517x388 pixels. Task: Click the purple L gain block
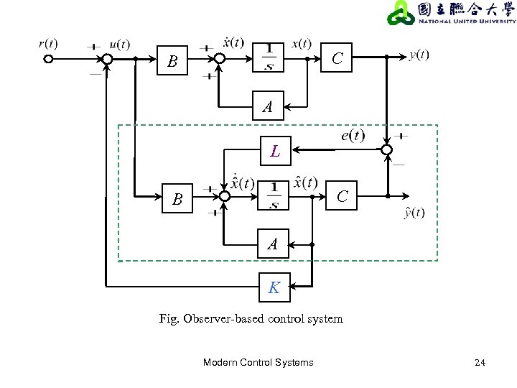(x=276, y=151)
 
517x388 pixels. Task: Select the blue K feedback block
(x=274, y=287)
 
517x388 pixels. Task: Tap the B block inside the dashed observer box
(x=177, y=198)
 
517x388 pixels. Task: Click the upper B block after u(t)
(x=172, y=60)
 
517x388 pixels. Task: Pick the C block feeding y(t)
(x=336, y=57)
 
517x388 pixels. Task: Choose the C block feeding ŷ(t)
(x=341, y=195)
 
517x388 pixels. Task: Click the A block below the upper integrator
(x=268, y=106)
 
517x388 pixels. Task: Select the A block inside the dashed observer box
(x=273, y=244)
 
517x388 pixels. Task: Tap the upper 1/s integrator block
(x=268, y=57)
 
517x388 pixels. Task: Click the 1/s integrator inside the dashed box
(x=273, y=195)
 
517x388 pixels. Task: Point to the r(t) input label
(x=48, y=44)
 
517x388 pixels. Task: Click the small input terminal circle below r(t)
(x=48, y=59)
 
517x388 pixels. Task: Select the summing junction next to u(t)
(x=107, y=60)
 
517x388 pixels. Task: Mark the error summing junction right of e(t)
(x=387, y=149)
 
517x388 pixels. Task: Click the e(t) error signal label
(x=353, y=135)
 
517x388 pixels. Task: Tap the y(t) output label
(x=419, y=55)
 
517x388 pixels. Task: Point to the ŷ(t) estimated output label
(x=414, y=213)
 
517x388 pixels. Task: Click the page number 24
(x=480, y=363)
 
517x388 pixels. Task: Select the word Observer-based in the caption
(x=223, y=319)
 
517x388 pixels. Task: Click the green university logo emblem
(x=401, y=13)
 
